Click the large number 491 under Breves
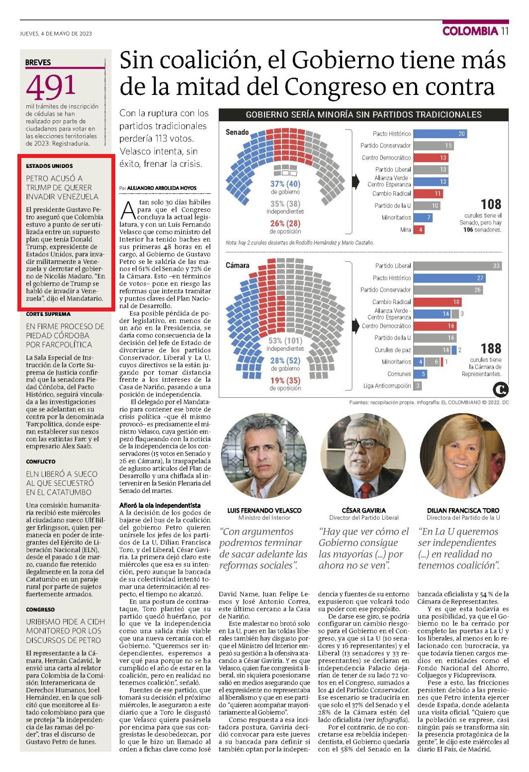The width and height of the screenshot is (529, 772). click(x=51, y=86)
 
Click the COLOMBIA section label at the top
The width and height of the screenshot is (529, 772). click(x=470, y=31)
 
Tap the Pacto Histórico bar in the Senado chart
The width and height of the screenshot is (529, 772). click(x=440, y=134)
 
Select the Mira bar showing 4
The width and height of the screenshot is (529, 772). click(x=419, y=230)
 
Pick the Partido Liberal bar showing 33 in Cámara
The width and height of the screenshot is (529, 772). click(x=457, y=266)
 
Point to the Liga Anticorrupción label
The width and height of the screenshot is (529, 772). click(x=387, y=386)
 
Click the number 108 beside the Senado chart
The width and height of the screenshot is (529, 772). click(x=491, y=204)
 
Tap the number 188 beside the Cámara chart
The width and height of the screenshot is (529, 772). click(x=491, y=348)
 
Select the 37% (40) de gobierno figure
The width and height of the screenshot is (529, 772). click(x=285, y=187)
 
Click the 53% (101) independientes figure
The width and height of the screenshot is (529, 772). click(x=285, y=344)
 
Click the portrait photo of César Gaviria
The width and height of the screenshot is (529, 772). click(x=363, y=456)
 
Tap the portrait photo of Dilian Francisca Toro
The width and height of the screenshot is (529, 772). click(x=463, y=456)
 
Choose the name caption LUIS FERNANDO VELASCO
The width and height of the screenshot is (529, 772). click(x=264, y=510)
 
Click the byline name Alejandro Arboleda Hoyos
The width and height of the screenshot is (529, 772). click(x=162, y=188)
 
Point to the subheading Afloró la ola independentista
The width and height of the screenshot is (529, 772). click(x=160, y=506)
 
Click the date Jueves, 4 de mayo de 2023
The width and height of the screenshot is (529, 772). click(x=56, y=33)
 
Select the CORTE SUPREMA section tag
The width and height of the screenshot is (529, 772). click(x=48, y=314)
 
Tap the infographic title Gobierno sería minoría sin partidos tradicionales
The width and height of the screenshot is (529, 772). click(x=363, y=115)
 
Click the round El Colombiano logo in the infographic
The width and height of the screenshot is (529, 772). click(x=501, y=389)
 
